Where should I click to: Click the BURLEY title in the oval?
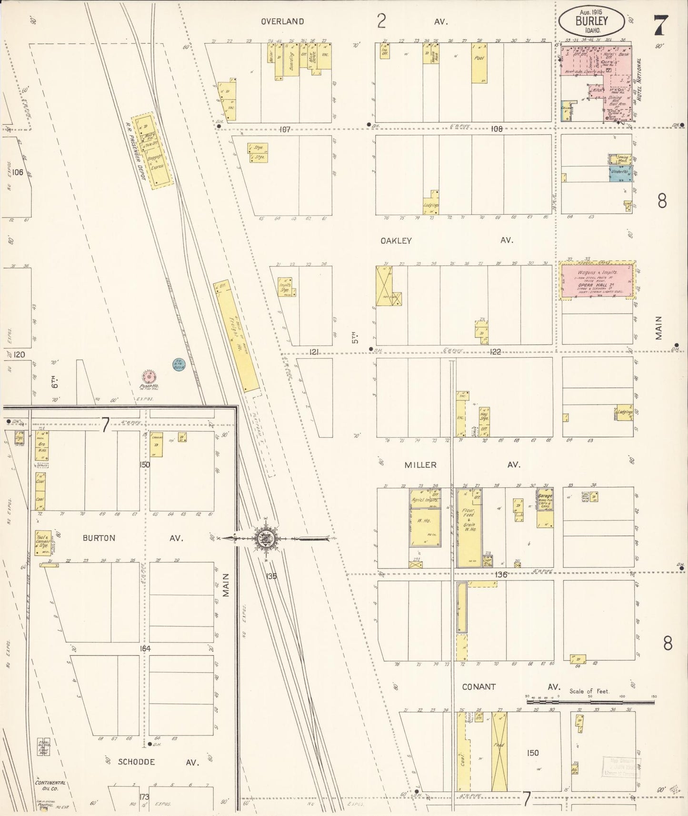[x=591, y=21]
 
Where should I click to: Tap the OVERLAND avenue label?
[x=282, y=21]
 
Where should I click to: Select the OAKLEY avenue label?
[x=396, y=241]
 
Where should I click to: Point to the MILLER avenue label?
[x=420, y=465]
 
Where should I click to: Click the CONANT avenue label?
[x=479, y=687]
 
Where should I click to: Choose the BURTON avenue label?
[x=99, y=538]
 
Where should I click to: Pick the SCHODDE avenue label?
[x=136, y=762]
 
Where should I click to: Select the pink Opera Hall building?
[x=598, y=281]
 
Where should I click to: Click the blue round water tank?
[x=179, y=365]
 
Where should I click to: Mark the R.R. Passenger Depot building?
[x=152, y=151]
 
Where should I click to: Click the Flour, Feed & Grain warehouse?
[x=469, y=528]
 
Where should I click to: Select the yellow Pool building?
[x=479, y=63]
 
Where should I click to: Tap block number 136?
[x=500, y=575]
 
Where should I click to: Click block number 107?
[x=285, y=129]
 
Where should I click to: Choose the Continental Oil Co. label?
[x=50, y=786]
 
